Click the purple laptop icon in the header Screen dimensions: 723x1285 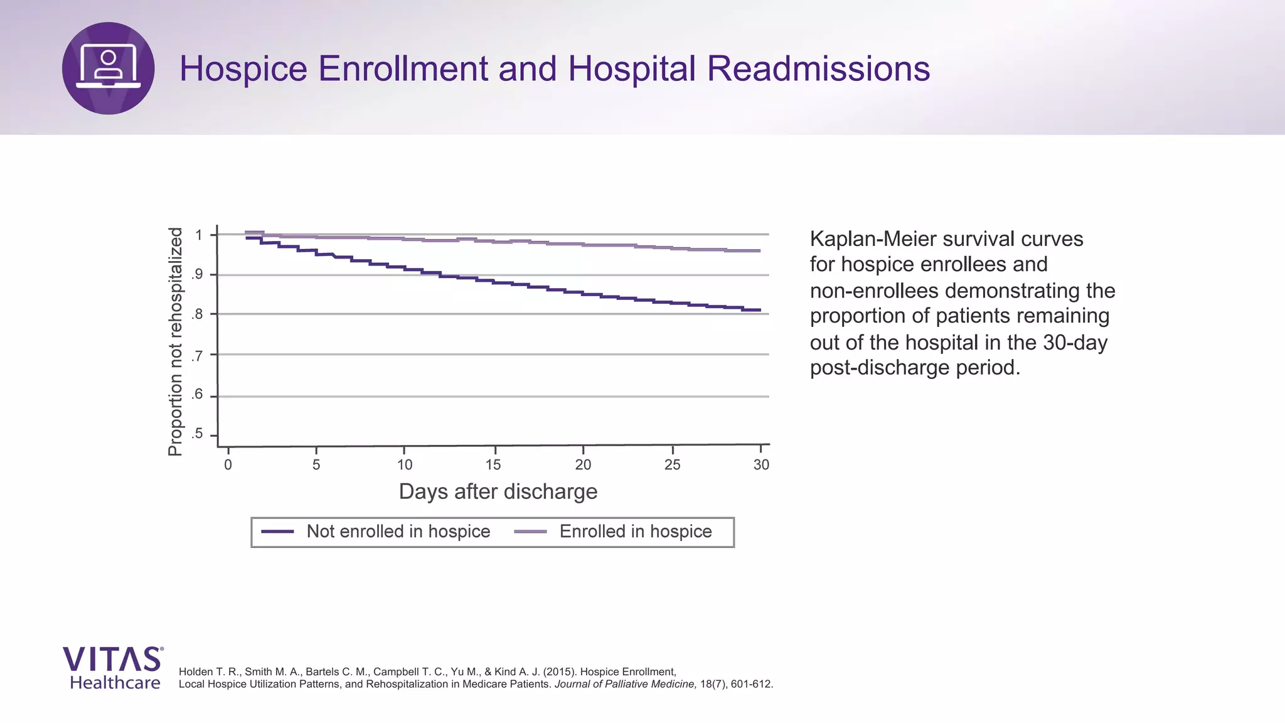(108, 68)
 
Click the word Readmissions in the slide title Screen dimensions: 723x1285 (818, 68)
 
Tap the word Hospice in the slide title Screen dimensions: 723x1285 (243, 68)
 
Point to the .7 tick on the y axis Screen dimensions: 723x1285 (198, 356)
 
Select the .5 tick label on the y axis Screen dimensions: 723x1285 (198, 434)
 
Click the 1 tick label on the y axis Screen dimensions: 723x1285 (199, 235)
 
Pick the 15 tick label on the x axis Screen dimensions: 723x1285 (493, 465)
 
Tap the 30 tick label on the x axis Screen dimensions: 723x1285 (761, 465)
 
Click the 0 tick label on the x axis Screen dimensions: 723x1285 (228, 465)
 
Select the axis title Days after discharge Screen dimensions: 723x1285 (498, 491)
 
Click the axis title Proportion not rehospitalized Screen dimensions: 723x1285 (175, 341)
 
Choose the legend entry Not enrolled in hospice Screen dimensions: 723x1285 (398, 532)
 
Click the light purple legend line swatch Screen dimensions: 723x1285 (530, 532)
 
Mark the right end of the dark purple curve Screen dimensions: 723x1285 (760, 310)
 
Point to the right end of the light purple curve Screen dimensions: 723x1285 (760, 250)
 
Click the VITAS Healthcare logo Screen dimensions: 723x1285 (114, 668)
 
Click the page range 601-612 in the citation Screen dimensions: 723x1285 (752, 684)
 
